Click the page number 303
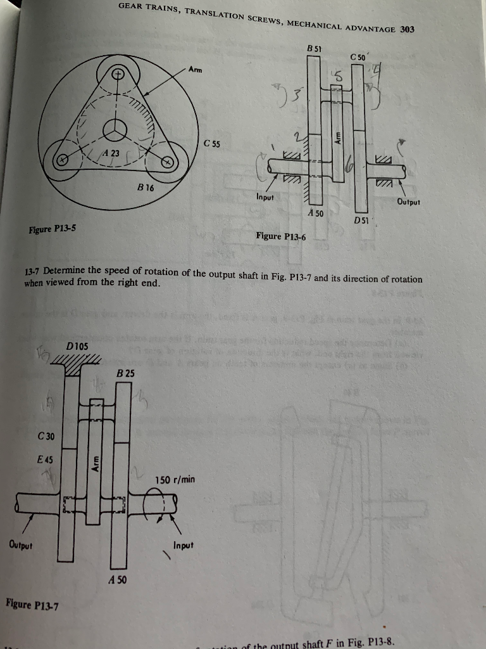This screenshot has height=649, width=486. click(x=407, y=29)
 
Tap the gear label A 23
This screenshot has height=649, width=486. click(x=112, y=152)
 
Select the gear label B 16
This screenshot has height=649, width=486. click(x=146, y=188)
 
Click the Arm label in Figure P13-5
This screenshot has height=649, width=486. click(x=196, y=70)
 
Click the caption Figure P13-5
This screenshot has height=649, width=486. click(x=53, y=228)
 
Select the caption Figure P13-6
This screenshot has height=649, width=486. click(x=280, y=236)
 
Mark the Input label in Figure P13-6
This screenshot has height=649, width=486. click(x=265, y=197)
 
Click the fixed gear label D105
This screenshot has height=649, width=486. click(x=77, y=345)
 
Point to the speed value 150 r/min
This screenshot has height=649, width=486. click(x=175, y=480)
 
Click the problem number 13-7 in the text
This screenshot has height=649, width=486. click(x=32, y=273)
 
